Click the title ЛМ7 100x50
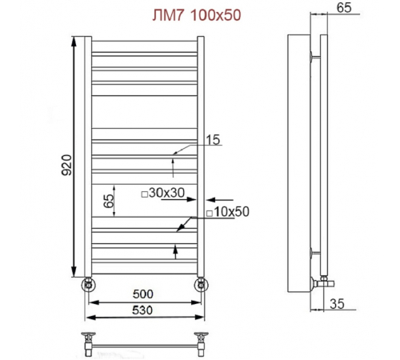[197, 15]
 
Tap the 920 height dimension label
[66, 165]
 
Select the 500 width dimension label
[143, 294]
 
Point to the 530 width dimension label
[142, 310]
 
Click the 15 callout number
[213, 140]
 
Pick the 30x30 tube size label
[166, 193]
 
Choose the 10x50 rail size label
[231, 212]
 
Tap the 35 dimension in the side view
[337, 304]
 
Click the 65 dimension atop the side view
[344, 7]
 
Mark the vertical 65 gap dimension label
[109, 201]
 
